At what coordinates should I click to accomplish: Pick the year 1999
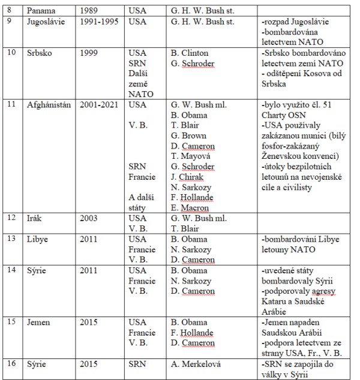pos(91,52)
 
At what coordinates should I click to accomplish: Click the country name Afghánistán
pos(49,104)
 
